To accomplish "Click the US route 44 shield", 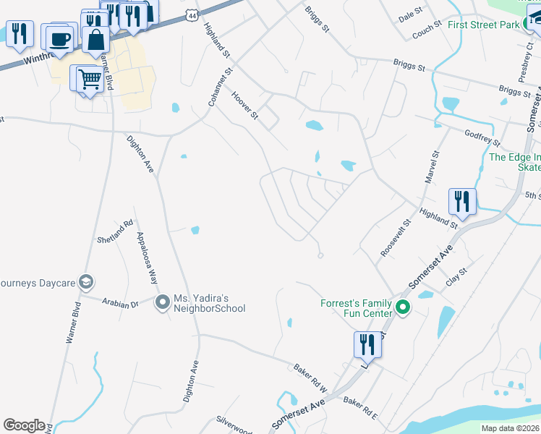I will tap(190, 15).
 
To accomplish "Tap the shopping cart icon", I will tap(89, 78).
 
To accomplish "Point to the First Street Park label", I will tap(484, 25).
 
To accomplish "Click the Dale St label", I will tap(410, 14).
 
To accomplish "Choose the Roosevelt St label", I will tap(396, 238).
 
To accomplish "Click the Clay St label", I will tap(457, 276).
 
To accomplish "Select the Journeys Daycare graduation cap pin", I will tap(85, 281).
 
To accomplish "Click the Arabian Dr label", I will tap(120, 305).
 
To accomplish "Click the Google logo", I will tap(25, 425).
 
